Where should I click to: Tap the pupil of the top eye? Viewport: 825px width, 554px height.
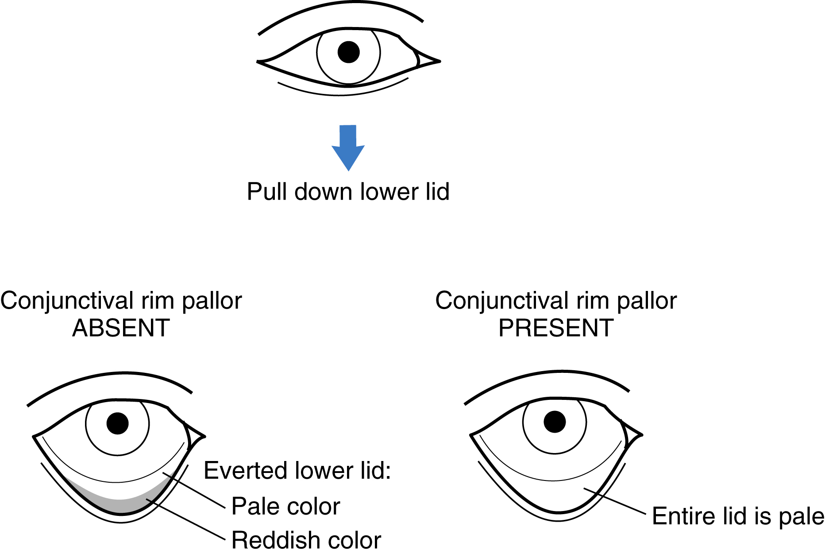coord(348,52)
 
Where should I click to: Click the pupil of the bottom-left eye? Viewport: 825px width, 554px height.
coord(118,423)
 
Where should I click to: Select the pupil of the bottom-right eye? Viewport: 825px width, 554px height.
coord(555,422)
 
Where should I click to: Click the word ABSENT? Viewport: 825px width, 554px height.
coord(121,328)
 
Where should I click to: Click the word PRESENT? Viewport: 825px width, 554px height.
coord(556,328)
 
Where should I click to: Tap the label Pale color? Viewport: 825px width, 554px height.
coord(285,506)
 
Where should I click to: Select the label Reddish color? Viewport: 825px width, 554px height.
coord(306,540)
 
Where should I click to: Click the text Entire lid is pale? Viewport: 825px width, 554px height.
coord(738,516)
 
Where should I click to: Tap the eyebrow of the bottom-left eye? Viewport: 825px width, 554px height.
coord(111,376)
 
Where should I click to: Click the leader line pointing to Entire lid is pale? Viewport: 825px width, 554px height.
coord(615,501)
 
